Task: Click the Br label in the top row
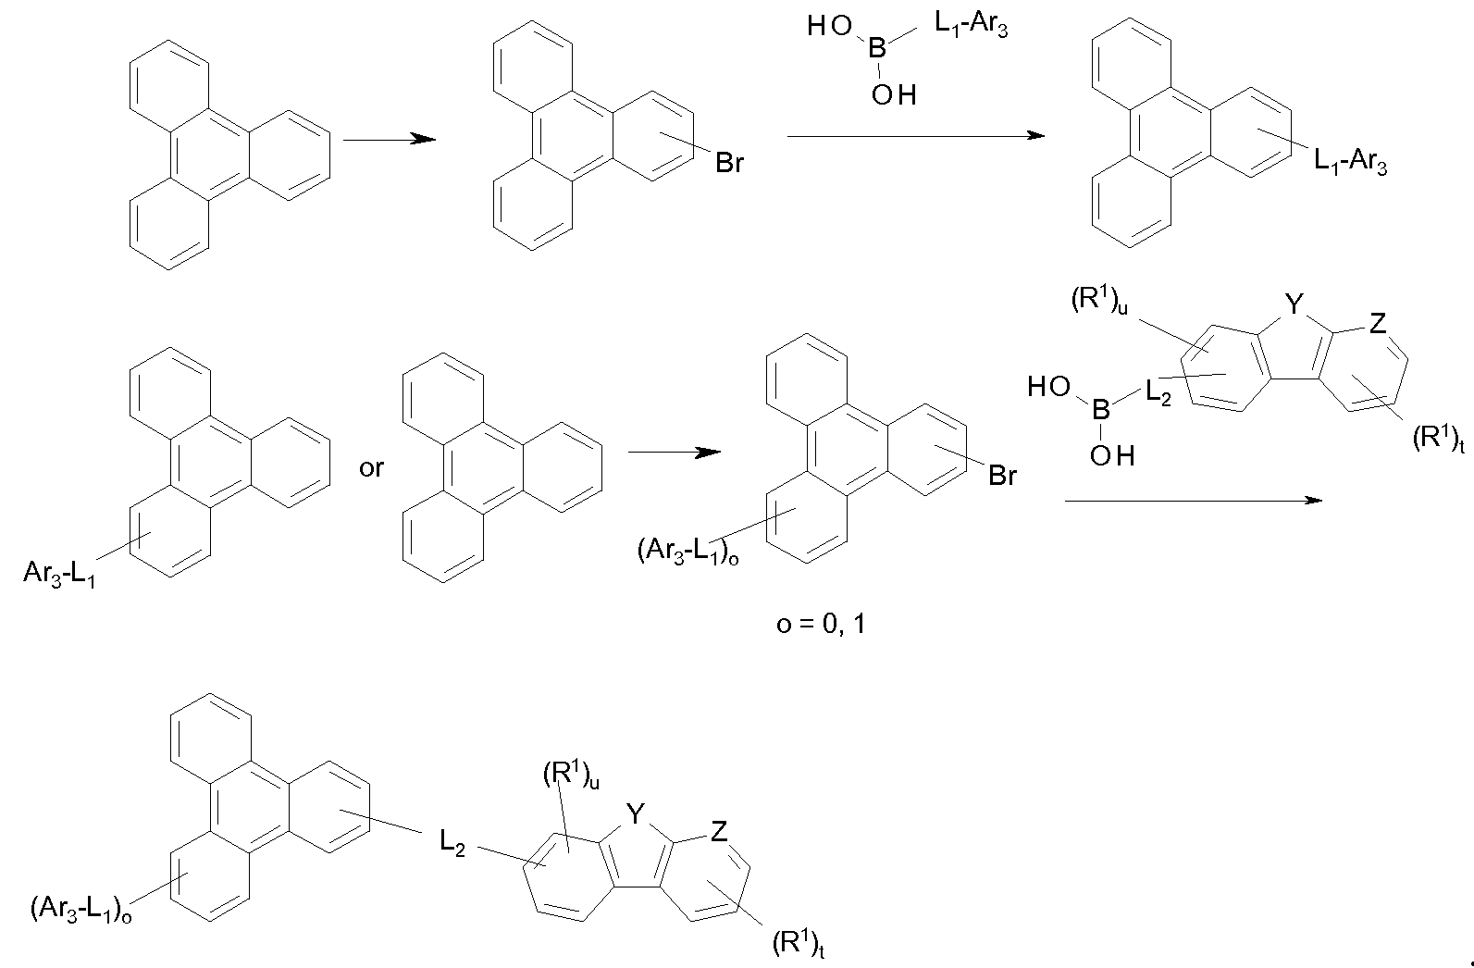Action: (729, 163)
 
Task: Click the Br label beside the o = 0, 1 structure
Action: (1002, 475)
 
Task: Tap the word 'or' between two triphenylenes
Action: (371, 468)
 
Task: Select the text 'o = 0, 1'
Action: (821, 623)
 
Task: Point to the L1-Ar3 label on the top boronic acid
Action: (972, 25)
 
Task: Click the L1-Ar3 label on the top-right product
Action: (1350, 162)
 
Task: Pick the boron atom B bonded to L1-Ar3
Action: (877, 48)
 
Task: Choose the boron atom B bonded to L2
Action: (1101, 410)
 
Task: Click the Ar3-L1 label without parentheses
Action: (59, 574)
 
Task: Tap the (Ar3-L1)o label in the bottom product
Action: (81, 910)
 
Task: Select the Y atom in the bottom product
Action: (635, 814)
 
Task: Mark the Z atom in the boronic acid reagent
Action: (1377, 323)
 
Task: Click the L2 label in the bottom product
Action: (452, 843)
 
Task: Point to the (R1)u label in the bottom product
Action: (571, 775)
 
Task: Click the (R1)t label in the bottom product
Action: (799, 944)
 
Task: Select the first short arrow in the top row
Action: (390, 139)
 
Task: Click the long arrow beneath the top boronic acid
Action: (916, 135)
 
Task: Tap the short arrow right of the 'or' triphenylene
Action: (675, 453)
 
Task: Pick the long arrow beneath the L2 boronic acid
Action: (1194, 501)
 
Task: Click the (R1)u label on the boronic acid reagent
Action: (1099, 302)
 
